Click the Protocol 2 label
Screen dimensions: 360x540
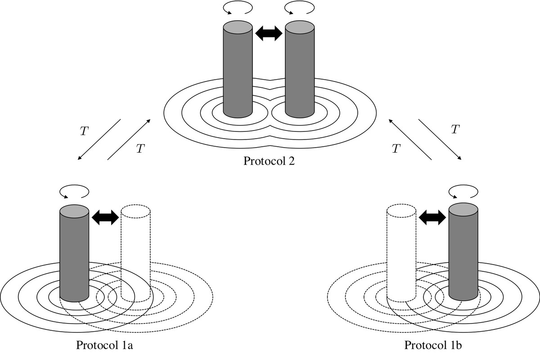click(x=269, y=161)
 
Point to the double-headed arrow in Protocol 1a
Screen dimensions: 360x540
click(x=105, y=218)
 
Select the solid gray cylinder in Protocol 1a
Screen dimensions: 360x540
click(x=74, y=254)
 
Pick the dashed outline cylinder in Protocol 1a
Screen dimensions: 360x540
click(x=135, y=254)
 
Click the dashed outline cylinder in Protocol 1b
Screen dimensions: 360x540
click(x=401, y=254)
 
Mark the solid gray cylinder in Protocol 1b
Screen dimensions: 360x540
click(x=463, y=254)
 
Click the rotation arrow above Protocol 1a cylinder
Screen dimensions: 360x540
click(x=73, y=193)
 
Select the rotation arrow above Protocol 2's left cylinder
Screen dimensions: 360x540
click(x=237, y=8)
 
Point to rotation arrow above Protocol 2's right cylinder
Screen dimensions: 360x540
click(x=299, y=8)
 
